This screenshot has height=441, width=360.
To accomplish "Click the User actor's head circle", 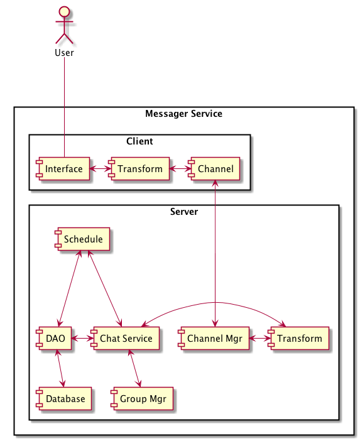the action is tap(65, 11).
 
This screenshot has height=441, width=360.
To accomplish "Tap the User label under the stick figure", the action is tap(65, 53).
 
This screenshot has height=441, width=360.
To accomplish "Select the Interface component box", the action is tap(63, 169).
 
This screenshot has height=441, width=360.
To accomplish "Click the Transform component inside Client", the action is tap(139, 169).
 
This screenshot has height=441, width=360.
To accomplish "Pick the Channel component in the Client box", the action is tap(214, 169).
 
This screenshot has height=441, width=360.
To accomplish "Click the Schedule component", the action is tap(82, 239).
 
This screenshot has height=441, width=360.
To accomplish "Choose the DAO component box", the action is tap(54, 339).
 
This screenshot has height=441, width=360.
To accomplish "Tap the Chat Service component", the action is tap(125, 339).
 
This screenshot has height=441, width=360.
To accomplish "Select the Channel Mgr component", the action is tap(214, 339).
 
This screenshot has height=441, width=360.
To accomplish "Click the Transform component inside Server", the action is tap(298, 339).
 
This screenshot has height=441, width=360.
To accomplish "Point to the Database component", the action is tap(64, 398).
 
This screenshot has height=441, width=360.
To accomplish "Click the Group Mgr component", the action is tap(142, 398).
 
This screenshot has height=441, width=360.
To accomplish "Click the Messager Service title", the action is tap(183, 114).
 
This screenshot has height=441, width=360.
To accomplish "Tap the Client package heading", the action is tap(139, 141).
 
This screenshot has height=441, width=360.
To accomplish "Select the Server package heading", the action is tap(184, 212).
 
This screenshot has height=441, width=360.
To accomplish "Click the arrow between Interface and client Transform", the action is tap(99, 169).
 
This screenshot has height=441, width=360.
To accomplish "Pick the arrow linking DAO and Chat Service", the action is tap(81, 339).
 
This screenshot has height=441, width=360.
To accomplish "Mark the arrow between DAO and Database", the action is tap(60, 368).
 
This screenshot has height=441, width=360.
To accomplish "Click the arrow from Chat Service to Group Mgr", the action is tap(134, 368).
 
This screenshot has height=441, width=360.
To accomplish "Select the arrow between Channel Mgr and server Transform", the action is tap(259, 339).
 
